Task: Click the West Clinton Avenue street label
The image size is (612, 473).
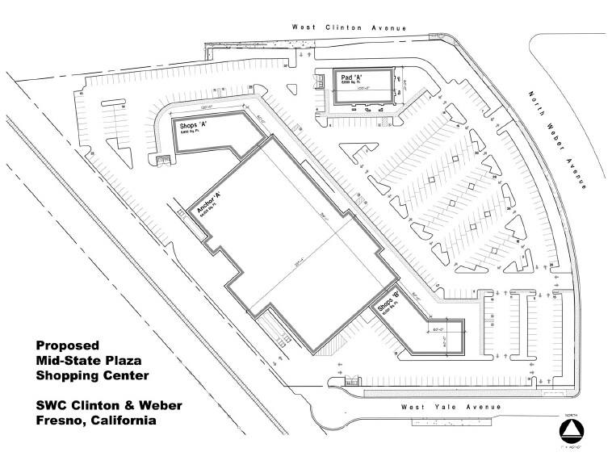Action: pos(349,27)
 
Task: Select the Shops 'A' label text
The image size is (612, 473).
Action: pos(194,125)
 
